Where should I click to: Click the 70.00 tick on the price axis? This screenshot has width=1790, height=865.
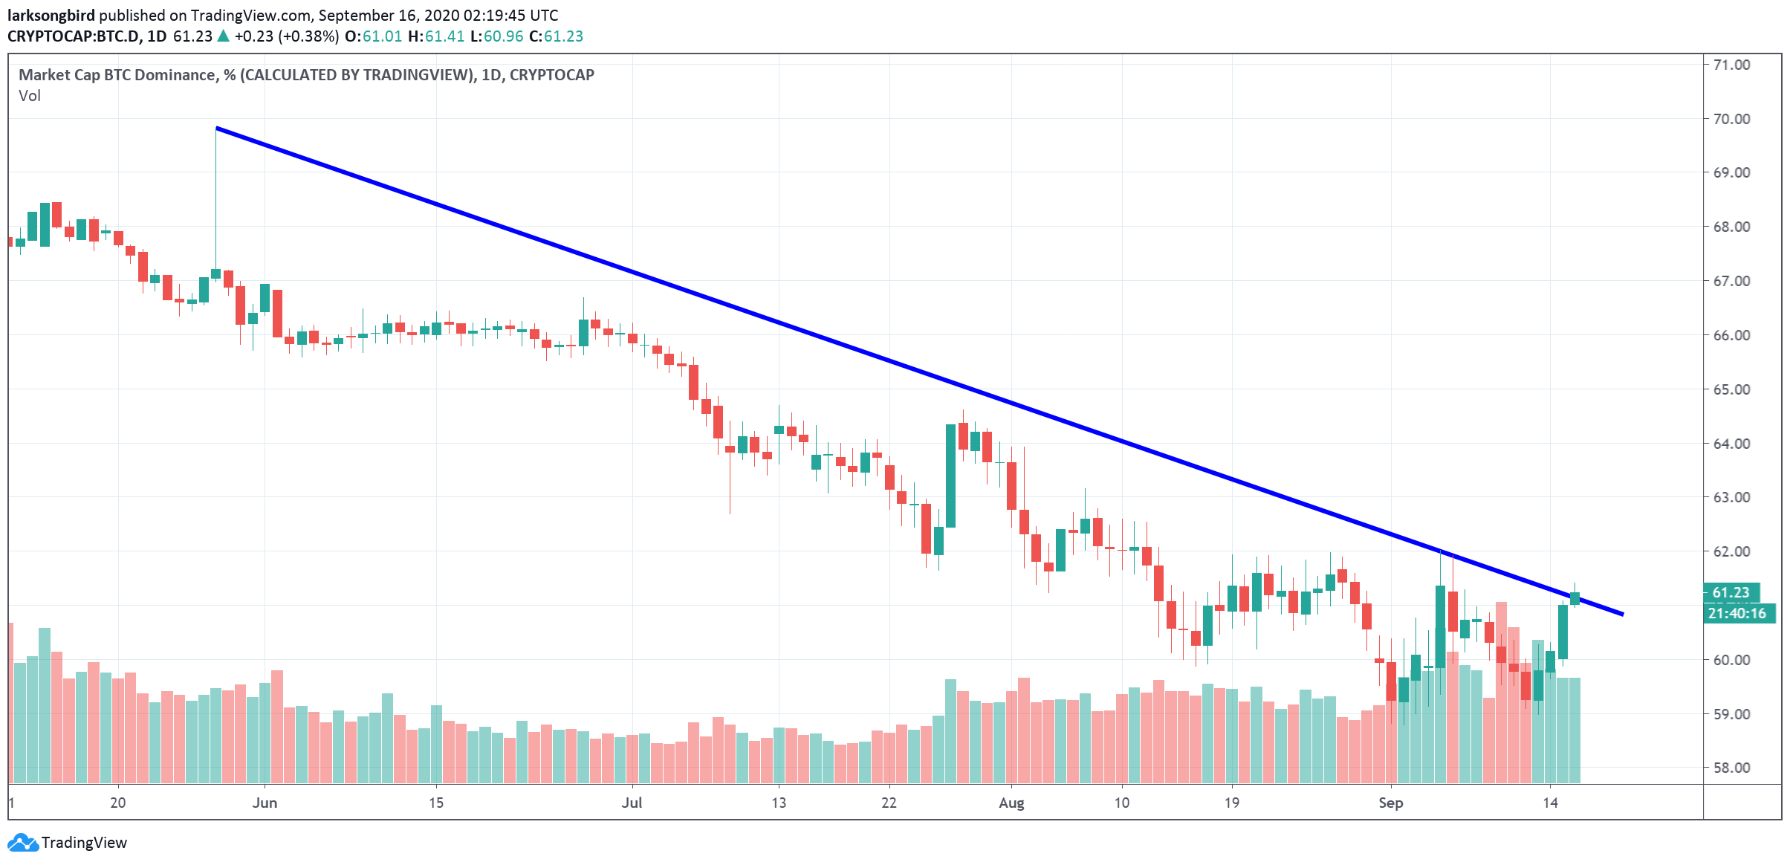1731,119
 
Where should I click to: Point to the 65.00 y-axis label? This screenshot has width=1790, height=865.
1731,389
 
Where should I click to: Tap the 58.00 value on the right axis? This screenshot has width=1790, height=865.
1731,768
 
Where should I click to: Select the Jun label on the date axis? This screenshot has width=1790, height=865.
265,803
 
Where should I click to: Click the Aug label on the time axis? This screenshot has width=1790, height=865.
1011,803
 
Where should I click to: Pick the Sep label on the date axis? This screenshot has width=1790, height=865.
1390,803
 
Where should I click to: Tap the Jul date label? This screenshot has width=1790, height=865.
632,803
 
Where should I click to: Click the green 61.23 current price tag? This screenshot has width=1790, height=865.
1731,592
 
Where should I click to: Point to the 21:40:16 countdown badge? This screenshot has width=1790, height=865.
1737,613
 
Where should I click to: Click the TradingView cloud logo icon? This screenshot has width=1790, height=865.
22,843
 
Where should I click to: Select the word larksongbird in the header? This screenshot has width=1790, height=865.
51,16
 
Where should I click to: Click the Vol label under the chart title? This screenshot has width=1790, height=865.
30,96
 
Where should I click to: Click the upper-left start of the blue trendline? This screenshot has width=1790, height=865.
217,129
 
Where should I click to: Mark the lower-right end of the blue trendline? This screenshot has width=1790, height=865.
1623,615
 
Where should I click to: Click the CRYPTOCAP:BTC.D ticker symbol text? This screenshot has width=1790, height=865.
74,36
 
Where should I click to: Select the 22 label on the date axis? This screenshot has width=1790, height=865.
889,803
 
